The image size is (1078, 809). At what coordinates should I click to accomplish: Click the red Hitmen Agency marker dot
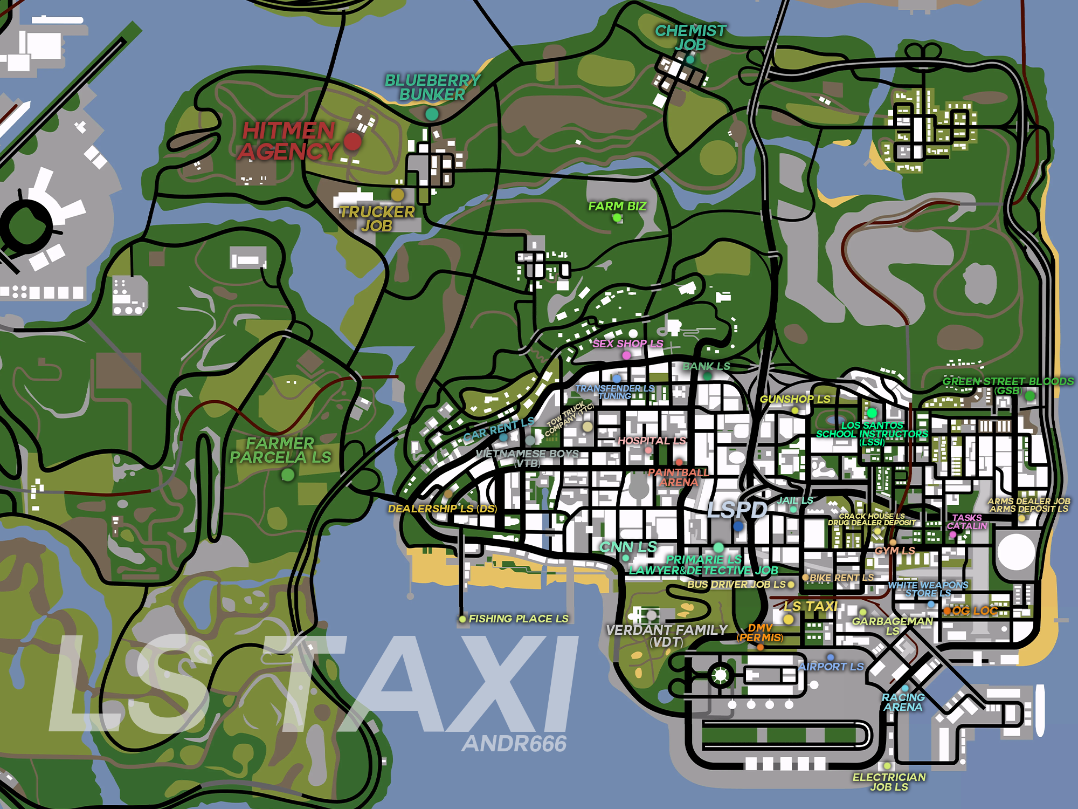(x=353, y=142)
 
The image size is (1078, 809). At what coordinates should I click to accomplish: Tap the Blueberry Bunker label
(x=432, y=87)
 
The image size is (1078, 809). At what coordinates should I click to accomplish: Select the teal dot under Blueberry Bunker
(x=432, y=114)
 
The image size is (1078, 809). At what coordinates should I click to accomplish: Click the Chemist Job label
(x=690, y=38)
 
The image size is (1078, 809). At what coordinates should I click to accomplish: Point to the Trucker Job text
(x=377, y=218)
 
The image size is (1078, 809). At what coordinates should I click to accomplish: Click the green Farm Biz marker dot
(x=617, y=218)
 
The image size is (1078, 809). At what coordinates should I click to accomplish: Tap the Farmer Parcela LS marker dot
(x=288, y=475)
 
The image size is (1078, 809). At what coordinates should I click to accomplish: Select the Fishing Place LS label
(x=519, y=619)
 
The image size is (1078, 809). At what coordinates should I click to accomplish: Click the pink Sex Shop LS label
(x=628, y=344)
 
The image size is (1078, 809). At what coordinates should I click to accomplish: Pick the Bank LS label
(x=706, y=366)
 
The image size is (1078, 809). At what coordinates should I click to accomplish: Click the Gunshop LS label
(x=795, y=399)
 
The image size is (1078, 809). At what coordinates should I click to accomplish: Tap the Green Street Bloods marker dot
(x=1029, y=396)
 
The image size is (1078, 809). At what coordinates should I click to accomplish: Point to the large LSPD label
(x=737, y=509)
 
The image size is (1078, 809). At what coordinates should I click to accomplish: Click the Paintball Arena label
(x=679, y=477)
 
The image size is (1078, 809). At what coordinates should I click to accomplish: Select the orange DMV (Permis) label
(x=760, y=633)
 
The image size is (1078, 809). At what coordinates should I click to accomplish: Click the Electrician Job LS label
(x=889, y=781)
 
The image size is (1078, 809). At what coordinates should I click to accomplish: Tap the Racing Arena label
(x=903, y=702)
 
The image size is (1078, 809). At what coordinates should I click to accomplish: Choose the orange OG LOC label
(x=975, y=611)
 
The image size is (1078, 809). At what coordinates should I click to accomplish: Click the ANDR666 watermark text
(x=514, y=744)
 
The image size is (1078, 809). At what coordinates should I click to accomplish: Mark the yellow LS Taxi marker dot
(x=788, y=619)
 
